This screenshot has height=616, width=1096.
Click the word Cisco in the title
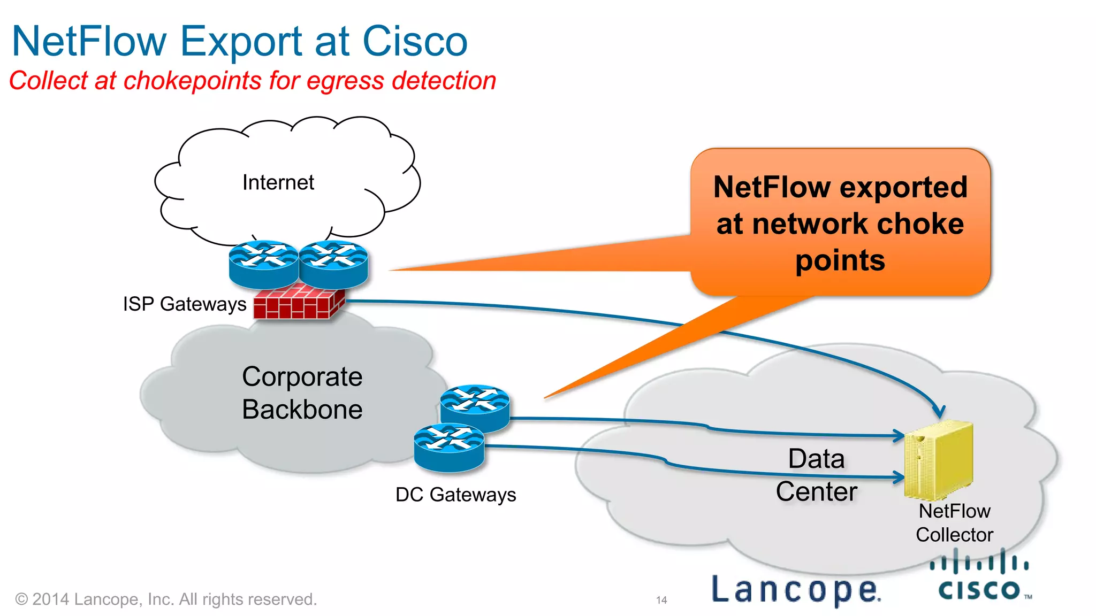click(415, 42)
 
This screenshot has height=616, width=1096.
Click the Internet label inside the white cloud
click(278, 182)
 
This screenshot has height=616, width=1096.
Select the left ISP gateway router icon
click(263, 264)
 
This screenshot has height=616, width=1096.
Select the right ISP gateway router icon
click(333, 264)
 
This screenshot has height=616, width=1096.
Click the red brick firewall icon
click(298, 303)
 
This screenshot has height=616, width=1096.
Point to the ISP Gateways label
click(185, 304)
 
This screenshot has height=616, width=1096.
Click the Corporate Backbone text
click(302, 393)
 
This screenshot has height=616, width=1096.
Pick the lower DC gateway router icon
click(449, 447)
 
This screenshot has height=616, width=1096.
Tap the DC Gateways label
click(455, 495)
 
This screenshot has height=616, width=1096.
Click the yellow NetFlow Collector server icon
click(938, 459)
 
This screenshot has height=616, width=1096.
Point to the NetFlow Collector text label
click(954, 523)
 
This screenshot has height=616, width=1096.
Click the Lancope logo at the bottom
click(796, 590)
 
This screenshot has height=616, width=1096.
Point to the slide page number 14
click(661, 600)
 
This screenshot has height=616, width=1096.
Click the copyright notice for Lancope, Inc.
click(166, 599)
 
